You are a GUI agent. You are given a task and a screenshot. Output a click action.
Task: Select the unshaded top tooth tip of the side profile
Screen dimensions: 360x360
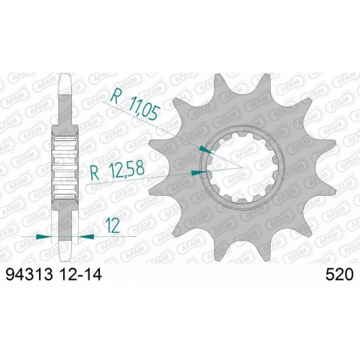65,82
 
